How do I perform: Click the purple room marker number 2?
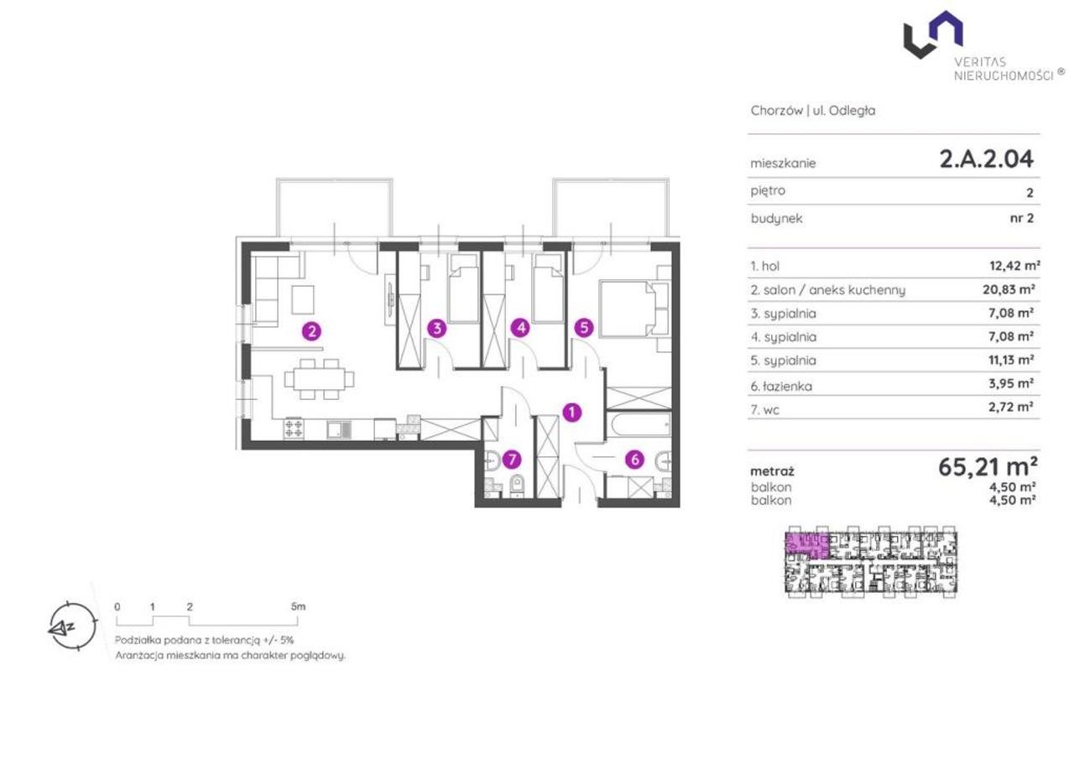pos(311,331)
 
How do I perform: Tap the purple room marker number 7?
pos(512,460)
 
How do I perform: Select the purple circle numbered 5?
pos(584,328)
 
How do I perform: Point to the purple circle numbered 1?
pos(571,412)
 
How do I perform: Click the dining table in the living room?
pos(320,379)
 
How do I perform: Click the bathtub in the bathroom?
pos(639,424)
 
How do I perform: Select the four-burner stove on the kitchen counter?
pos(294,429)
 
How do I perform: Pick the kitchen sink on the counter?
pos(340,429)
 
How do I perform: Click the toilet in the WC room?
pos(517,486)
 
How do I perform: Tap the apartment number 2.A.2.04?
pos(986,159)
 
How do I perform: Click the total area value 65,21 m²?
pos(988,466)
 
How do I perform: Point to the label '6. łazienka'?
pos(781,386)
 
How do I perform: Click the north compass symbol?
pos(72,626)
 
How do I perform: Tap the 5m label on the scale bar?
pos(298,606)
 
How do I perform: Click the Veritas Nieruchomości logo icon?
pos(932,34)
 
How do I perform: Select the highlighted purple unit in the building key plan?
pos(807,546)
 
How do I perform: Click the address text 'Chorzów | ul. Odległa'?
pos(813,111)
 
